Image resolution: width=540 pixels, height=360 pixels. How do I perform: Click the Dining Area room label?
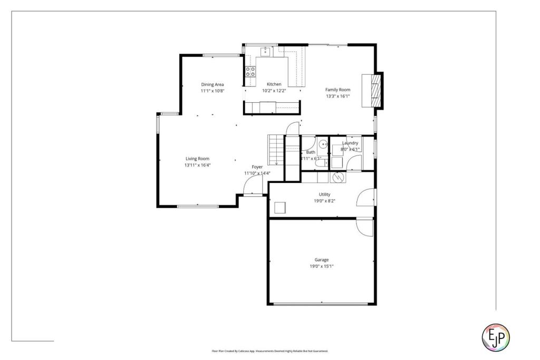point(213,84)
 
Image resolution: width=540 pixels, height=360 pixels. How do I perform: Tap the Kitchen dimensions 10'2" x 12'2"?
point(274,91)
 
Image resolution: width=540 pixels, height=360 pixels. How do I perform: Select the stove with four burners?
point(250,72)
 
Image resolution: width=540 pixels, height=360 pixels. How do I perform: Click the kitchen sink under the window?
point(265,51)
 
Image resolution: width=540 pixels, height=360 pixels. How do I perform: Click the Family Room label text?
point(337,90)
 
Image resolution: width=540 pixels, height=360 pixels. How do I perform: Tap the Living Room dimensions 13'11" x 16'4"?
point(197,165)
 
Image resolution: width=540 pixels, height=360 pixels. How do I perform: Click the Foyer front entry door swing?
point(254,185)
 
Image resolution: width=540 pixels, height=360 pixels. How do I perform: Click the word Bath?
point(311,152)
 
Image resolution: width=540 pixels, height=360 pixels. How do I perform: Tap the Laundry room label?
point(350,143)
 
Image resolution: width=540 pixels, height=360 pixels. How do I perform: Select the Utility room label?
point(324,194)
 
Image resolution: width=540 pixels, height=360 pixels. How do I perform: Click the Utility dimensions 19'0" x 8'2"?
point(324,201)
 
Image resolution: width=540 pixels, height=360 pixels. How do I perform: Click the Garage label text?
point(322,260)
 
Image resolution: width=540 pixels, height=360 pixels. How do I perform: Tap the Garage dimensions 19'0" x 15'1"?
point(322,266)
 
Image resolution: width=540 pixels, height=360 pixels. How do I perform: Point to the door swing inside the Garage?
point(364,227)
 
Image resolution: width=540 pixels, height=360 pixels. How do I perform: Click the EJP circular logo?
point(496,336)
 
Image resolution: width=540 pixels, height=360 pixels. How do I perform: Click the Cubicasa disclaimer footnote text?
point(269,351)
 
